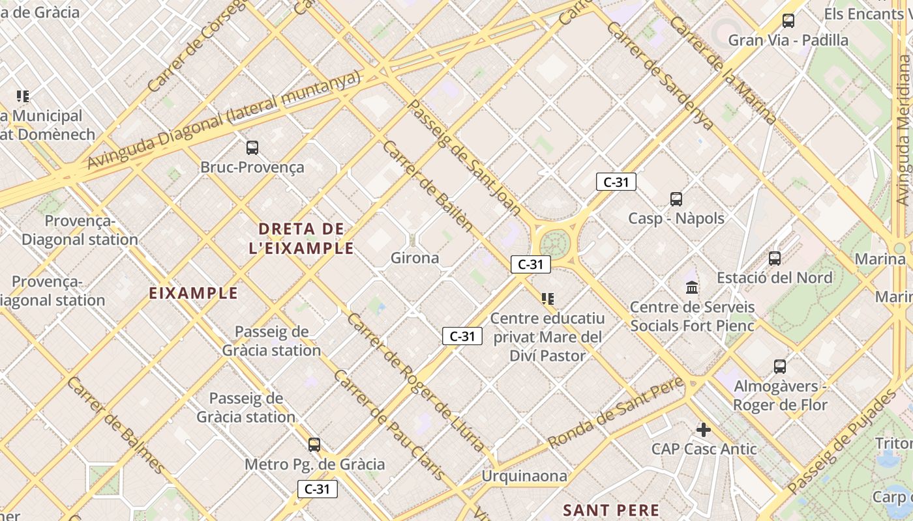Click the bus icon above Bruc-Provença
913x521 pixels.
click(252, 148)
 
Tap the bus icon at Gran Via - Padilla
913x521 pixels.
click(788, 21)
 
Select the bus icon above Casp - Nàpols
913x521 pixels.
click(676, 199)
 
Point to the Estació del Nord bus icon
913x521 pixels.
click(775, 259)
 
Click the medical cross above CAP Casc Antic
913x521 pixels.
click(703, 430)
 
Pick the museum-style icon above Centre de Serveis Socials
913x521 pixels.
click(692, 287)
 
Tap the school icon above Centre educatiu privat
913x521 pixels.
click(548, 299)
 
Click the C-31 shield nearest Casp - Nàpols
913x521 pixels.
click(616, 182)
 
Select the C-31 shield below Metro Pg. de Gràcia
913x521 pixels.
click(318, 489)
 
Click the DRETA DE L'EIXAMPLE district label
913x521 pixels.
click(301, 238)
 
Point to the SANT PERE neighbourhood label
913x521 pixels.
click(611, 510)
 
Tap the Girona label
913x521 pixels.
click(415, 258)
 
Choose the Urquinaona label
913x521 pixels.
click(524, 476)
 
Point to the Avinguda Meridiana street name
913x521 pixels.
click(904, 130)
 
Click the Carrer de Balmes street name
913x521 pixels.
click(115, 425)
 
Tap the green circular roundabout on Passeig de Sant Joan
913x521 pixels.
click(554, 244)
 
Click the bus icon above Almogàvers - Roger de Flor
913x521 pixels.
click(780, 367)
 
